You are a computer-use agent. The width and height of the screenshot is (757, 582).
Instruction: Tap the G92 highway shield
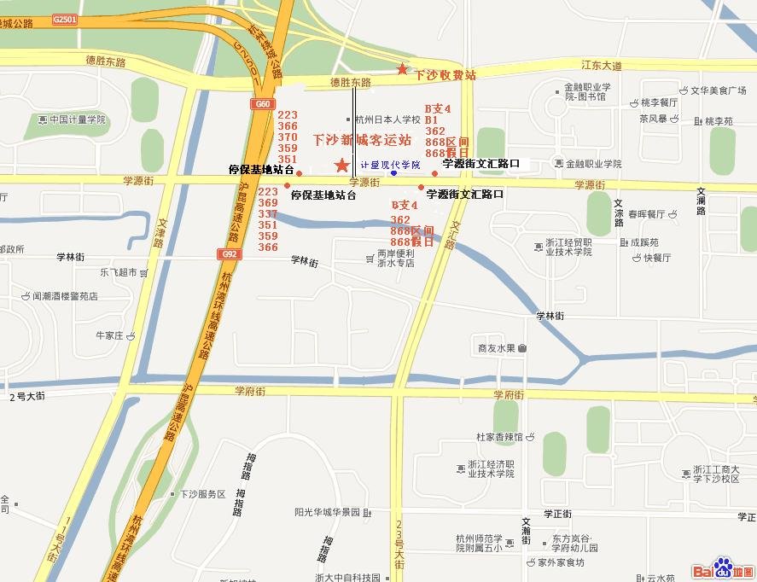(228, 253)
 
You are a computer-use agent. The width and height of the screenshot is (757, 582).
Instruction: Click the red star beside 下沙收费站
(402, 68)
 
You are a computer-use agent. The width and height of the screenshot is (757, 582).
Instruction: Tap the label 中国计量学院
(77, 119)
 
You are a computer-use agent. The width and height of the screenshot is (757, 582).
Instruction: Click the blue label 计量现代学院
(390, 165)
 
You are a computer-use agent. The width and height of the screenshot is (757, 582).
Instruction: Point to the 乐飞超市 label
(118, 273)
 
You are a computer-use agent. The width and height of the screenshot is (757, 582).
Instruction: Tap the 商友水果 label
(496, 348)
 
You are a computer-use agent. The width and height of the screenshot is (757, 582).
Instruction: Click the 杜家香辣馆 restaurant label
(499, 437)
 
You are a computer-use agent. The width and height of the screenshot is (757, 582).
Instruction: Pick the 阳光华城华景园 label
(328, 512)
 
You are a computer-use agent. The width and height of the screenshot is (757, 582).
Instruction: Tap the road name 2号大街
(26, 397)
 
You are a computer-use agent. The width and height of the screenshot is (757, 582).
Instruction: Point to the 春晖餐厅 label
(646, 214)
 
